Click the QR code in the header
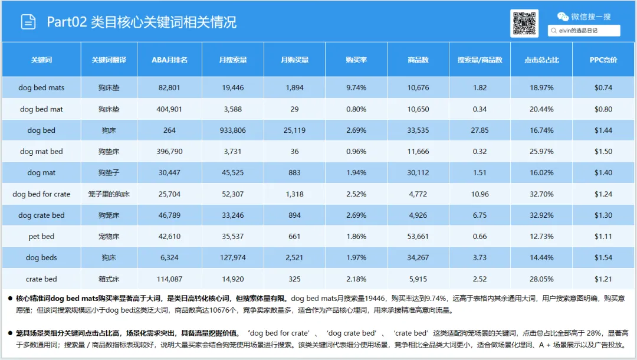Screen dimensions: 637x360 point(524,23)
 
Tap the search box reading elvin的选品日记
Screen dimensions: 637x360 point(584,31)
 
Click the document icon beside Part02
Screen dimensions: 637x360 point(28,21)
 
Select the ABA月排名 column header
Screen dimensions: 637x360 point(169,60)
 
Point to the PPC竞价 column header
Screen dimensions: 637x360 point(603,60)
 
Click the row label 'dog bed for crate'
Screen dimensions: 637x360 point(41,194)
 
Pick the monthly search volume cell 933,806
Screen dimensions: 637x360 point(233,130)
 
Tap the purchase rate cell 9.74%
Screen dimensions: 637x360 point(356,88)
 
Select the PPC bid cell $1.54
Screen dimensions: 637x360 point(603,258)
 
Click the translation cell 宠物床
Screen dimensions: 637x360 point(109,237)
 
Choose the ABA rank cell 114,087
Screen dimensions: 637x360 point(169,279)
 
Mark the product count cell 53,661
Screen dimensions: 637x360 point(418,237)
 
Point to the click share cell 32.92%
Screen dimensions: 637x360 point(541,215)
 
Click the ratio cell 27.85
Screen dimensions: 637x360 point(480,130)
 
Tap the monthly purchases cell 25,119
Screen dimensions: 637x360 point(294,130)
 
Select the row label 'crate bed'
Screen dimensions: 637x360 point(41,279)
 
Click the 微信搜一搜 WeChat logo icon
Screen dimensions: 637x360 point(563,17)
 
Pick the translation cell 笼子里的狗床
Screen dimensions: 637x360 point(109,194)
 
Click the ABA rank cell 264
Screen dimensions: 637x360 point(169,130)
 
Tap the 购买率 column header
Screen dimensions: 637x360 point(356,60)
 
